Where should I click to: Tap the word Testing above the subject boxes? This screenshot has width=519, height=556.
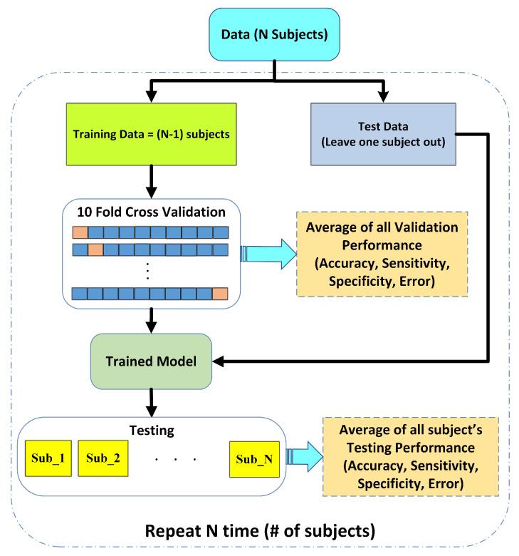click(x=151, y=433)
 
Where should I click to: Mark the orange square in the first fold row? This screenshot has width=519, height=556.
click(x=80, y=232)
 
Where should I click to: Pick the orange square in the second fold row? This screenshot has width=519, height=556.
click(x=95, y=249)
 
